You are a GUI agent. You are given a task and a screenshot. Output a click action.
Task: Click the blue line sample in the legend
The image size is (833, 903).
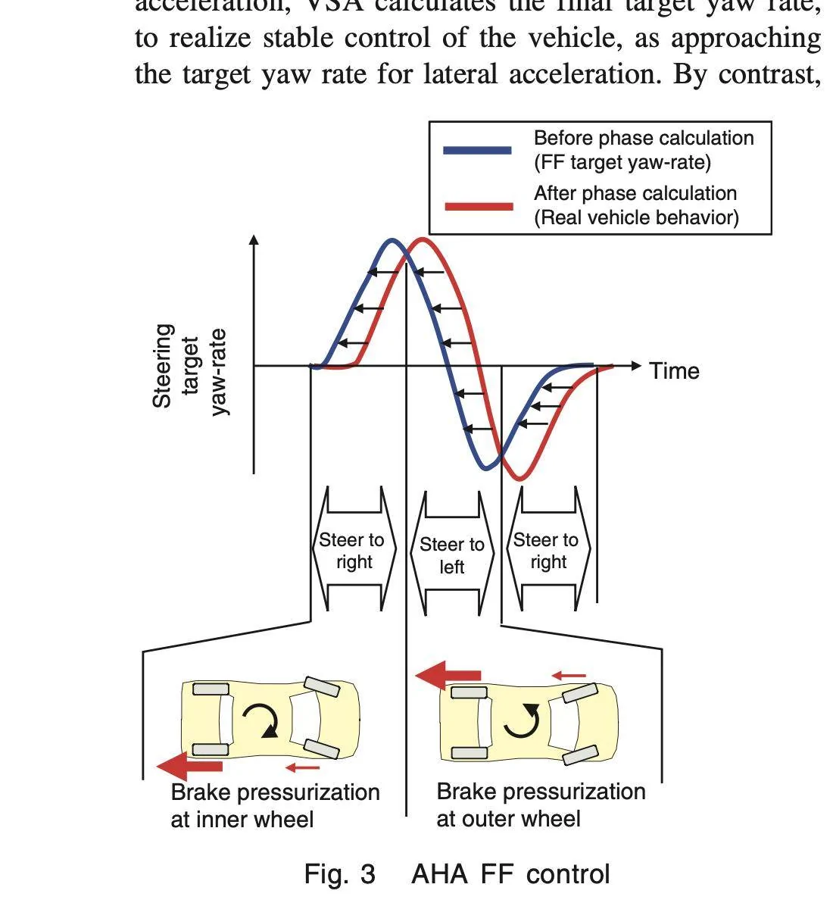click(x=477, y=150)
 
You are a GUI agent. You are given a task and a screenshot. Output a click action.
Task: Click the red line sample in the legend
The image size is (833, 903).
click(x=479, y=206)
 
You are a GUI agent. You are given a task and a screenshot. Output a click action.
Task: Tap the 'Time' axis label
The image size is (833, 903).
click(x=674, y=371)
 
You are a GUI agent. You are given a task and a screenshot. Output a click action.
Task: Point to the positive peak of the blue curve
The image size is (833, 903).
click(x=392, y=241)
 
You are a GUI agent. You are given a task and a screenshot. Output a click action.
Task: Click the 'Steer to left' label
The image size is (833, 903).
click(x=452, y=555)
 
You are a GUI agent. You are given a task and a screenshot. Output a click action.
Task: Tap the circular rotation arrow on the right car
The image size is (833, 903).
click(x=523, y=720)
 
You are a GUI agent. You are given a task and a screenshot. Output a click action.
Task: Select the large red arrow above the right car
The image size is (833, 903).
click(x=448, y=675)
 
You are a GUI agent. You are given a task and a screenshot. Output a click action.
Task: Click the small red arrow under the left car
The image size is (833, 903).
click(x=303, y=768)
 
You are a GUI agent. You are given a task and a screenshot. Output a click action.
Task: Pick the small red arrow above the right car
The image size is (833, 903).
click(x=569, y=675)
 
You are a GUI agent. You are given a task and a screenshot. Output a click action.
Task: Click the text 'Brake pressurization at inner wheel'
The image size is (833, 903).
click(x=275, y=805)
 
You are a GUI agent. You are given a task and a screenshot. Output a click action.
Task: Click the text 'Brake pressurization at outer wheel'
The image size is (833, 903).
click(x=541, y=805)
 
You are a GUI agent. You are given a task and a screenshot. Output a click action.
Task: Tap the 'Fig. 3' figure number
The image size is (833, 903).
click(x=339, y=874)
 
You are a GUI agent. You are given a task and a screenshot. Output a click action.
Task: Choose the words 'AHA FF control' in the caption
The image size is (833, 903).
click(x=510, y=874)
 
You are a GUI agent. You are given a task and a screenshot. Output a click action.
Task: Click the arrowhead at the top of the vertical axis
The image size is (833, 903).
click(x=254, y=239)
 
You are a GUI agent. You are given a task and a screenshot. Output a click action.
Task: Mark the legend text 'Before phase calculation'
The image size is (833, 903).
click(x=644, y=138)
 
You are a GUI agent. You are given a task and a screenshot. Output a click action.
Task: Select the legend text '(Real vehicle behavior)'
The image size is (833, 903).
click(x=636, y=218)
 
